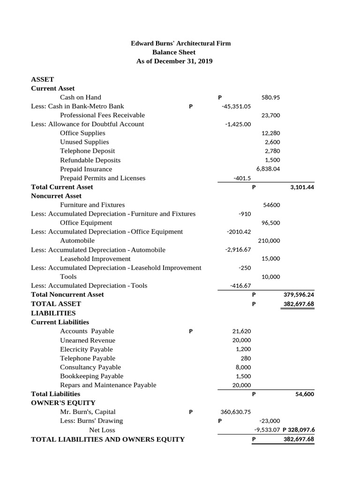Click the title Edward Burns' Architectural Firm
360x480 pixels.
point(180,43)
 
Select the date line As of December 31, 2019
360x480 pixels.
point(174,61)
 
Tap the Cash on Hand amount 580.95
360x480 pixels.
point(270,97)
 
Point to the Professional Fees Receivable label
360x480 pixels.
point(102,115)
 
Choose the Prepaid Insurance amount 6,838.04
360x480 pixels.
point(268,169)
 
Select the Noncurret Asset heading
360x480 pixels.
point(56,196)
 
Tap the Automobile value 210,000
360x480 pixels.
point(269,240)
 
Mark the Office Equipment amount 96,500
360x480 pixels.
point(270,223)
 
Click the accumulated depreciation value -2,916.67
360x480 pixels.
point(238,250)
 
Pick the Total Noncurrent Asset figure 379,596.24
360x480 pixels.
point(299,295)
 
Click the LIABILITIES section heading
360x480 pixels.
point(53,313)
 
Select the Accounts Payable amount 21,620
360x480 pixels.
point(241,331)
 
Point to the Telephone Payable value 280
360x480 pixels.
point(246,358)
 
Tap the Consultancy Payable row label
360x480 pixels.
point(90,367)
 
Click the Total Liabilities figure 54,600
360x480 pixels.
point(304,394)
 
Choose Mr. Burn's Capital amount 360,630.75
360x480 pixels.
point(235,412)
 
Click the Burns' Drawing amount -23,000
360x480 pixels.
point(270,421)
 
